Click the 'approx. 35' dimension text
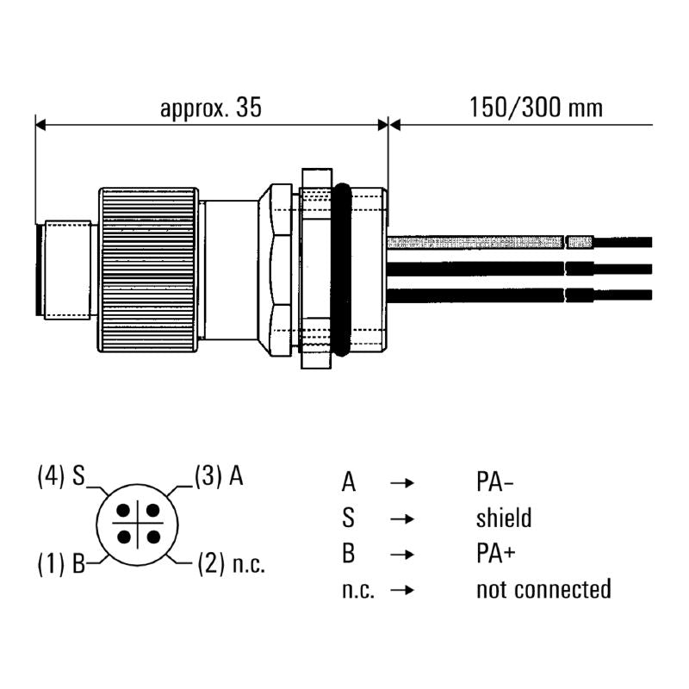pyautogui.click(x=210, y=108)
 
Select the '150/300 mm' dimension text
pyautogui.click(x=536, y=108)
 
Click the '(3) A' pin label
pyautogui.click(x=219, y=476)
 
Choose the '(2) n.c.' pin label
pyautogui.click(x=231, y=565)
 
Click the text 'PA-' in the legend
pyautogui.click(x=496, y=481)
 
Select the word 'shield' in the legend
pyautogui.click(x=504, y=518)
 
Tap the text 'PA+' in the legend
pyautogui.click(x=496, y=553)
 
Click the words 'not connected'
pyautogui.click(x=543, y=589)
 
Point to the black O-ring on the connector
pyautogui.click(x=341, y=269)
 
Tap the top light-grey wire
pyautogui.click(x=517, y=242)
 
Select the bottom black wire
pyautogui.click(x=517, y=295)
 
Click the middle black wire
pyautogui.click(x=517, y=269)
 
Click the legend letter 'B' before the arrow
pyautogui.click(x=348, y=553)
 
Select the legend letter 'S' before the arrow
pyautogui.click(x=348, y=518)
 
